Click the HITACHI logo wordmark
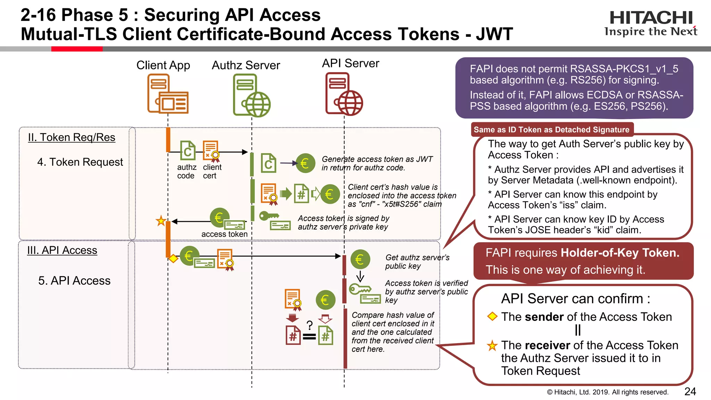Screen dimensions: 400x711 [x=651, y=17]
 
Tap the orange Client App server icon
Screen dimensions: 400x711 [x=168, y=94]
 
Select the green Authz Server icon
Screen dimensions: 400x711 [x=251, y=95]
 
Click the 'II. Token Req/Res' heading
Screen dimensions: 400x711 [x=72, y=137]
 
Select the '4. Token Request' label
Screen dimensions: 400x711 [x=80, y=162]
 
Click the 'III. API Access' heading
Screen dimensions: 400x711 [x=62, y=250]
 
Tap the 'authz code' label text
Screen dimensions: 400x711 [x=186, y=172]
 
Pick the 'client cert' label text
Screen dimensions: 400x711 [x=212, y=172]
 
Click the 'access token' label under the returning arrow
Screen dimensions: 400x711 [x=224, y=234]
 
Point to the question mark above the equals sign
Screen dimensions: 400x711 [x=309, y=325]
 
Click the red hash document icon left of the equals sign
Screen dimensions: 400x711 [x=293, y=335]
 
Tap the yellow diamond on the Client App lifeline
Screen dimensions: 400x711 [x=173, y=259]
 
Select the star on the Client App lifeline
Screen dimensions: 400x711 [x=161, y=221]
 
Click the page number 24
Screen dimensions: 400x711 [x=690, y=392]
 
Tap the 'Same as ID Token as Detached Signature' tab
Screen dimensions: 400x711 [x=551, y=130]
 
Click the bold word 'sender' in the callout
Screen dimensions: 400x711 [x=544, y=317]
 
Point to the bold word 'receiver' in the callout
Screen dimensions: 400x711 [x=547, y=345]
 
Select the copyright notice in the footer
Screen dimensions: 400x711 [x=608, y=392]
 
